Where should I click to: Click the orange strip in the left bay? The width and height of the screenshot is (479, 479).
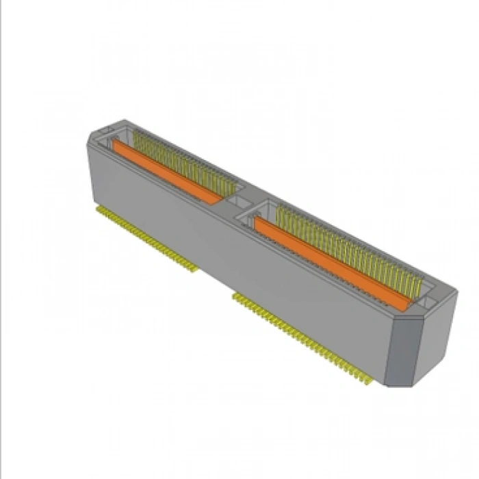[x=168, y=172]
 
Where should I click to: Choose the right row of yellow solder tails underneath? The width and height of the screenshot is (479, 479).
[x=301, y=335]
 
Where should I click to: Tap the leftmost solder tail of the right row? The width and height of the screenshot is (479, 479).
[x=235, y=296]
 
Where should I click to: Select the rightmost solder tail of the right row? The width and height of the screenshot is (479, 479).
[x=370, y=380]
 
